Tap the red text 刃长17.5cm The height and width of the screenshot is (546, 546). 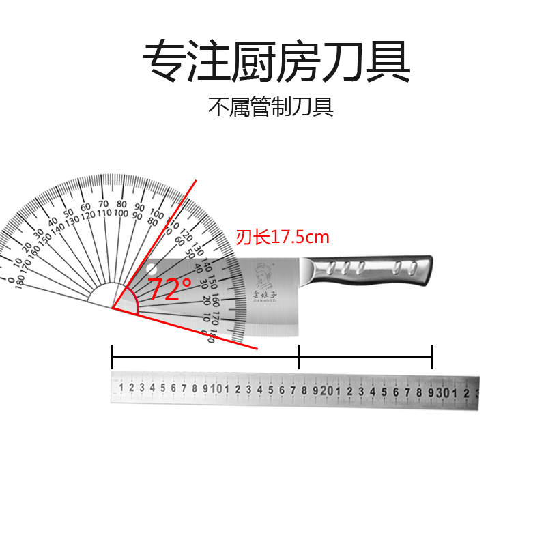click(283, 238)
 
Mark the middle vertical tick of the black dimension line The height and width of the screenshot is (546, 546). click(299, 356)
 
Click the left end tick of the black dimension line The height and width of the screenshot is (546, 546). click(112, 356)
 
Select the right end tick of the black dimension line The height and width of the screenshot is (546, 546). click(432, 356)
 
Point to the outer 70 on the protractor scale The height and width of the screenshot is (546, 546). click(103, 203)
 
